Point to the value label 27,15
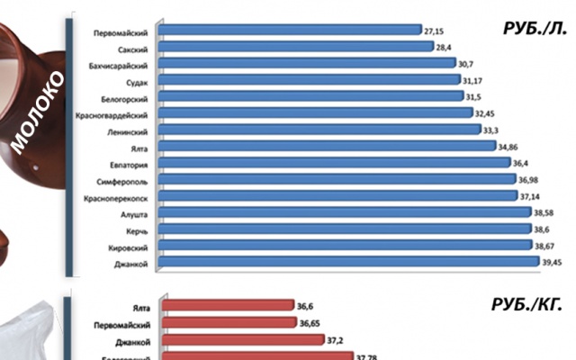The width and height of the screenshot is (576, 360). (x=434, y=30)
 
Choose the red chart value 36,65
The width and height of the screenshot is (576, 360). (x=310, y=323)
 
